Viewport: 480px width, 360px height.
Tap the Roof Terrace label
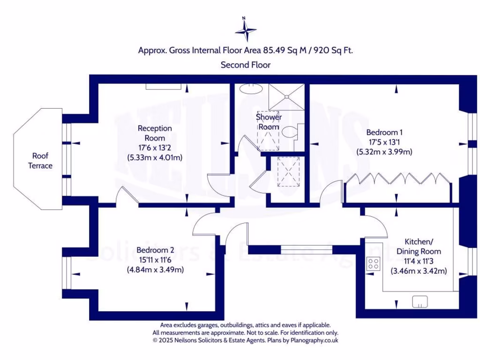click(x=40, y=161)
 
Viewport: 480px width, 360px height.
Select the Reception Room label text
click(x=155, y=133)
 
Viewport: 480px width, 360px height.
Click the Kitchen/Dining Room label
click(x=419, y=247)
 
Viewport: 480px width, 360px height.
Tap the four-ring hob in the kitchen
click(x=374, y=264)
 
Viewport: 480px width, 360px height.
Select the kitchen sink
click(x=420, y=302)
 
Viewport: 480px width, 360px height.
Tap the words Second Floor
click(x=246, y=65)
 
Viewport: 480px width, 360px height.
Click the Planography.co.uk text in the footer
click(x=314, y=341)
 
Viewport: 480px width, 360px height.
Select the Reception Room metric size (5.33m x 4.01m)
click(x=155, y=157)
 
